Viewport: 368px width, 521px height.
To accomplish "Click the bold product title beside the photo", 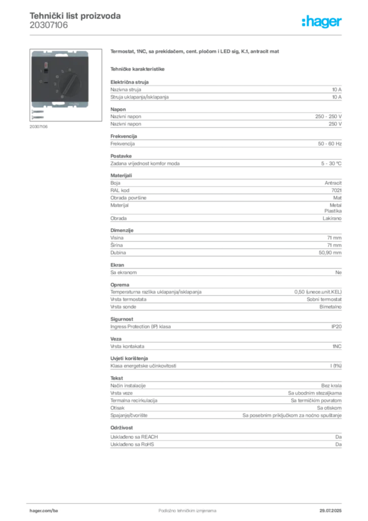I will [x=194, y=52].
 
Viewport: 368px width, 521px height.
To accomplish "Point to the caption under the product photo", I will [x=38, y=127].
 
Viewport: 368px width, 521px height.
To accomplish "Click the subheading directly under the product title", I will [x=138, y=69].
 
